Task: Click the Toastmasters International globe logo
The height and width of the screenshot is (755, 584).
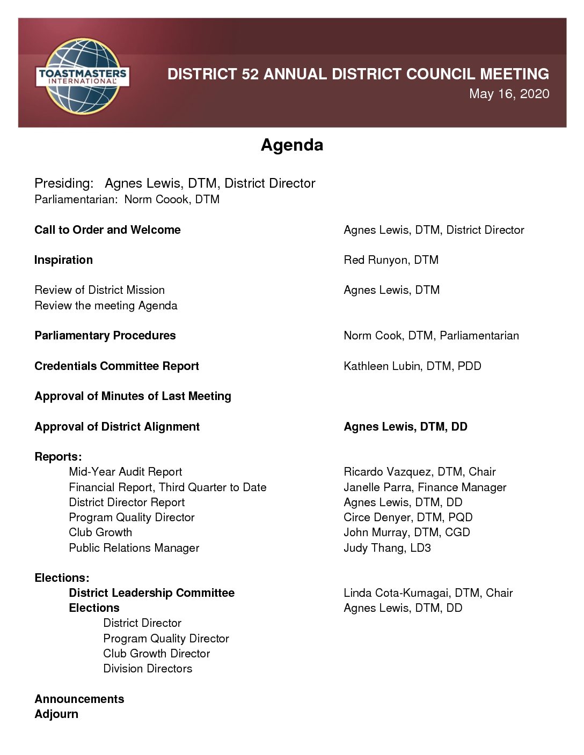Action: point(82,76)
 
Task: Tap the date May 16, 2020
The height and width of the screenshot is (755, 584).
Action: point(509,94)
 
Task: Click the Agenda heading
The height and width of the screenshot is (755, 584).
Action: point(291,145)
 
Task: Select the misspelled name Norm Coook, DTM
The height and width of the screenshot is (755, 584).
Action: point(172,199)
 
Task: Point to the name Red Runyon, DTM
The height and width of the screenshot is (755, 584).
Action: point(391,260)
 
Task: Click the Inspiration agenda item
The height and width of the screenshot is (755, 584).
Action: point(63,260)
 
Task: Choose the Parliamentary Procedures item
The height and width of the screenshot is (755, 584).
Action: point(105,336)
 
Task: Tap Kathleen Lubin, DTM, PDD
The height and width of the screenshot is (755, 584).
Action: point(412,366)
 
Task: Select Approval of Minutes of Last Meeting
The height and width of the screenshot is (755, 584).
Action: point(133,396)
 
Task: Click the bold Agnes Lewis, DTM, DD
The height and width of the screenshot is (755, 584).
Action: point(405,427)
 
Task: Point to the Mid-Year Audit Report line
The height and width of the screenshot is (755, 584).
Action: point(125,472)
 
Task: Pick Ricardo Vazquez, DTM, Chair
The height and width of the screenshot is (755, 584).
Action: point(419,472)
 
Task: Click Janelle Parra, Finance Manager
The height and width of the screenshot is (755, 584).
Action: point(425,487)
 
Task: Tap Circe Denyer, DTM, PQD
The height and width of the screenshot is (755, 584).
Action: point(408,517)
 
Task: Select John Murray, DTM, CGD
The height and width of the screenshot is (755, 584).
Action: point(406,532)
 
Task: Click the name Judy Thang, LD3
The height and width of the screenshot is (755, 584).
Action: point(387,548)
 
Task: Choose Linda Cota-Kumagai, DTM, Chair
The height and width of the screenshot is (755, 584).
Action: point(428,593)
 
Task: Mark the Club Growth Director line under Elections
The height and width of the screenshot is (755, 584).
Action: point(156,654)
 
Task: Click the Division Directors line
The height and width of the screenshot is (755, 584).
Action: point(148,669)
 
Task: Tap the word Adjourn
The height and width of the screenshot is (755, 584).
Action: point(56,714)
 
